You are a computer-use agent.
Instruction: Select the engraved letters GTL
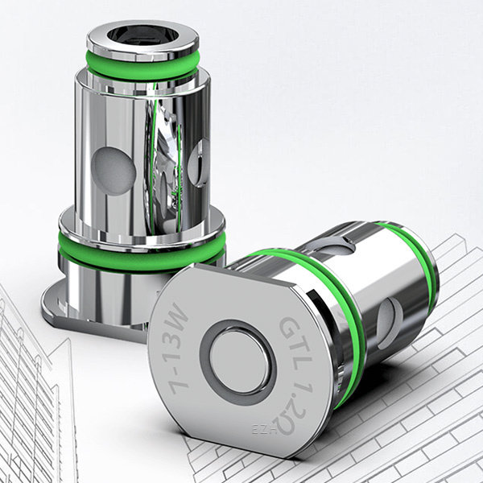291,338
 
